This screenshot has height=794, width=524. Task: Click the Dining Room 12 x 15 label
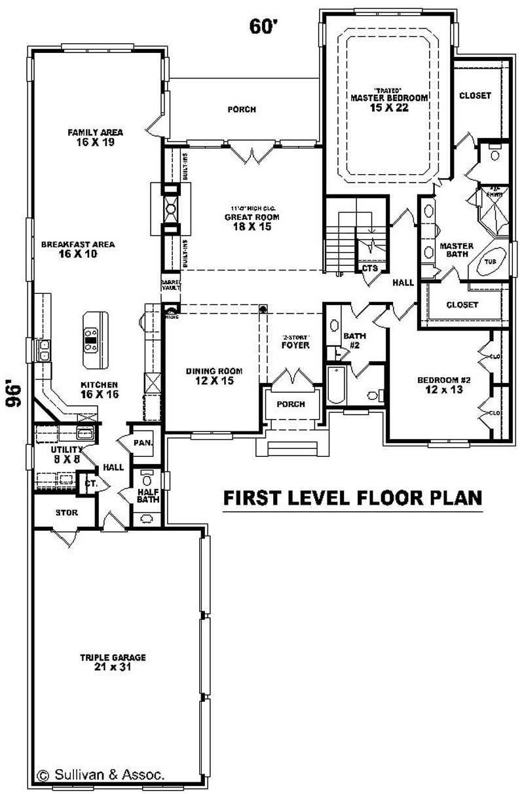210,376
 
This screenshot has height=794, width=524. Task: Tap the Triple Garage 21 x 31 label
113,662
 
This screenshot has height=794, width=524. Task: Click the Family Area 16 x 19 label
95,137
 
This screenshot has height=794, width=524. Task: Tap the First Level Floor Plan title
353,497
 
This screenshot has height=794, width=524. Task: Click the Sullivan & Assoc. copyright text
102,774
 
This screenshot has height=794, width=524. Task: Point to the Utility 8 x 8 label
65,454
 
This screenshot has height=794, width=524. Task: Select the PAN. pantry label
143,443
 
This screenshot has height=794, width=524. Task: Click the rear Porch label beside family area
241,109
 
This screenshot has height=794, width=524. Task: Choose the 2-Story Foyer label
295,342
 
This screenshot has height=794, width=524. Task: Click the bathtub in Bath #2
334,386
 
